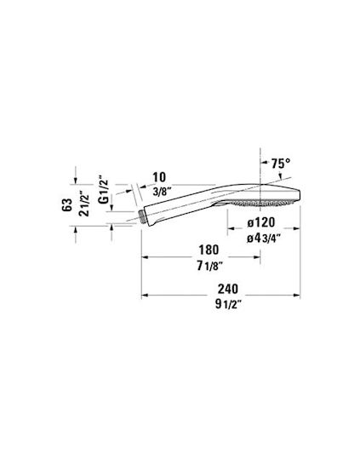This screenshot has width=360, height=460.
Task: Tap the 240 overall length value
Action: pos(228,290)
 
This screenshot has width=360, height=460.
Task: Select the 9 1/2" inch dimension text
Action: pos(228,304)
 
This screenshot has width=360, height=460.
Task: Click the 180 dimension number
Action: pos(209,250)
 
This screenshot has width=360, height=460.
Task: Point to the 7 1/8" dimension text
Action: pos(209,266)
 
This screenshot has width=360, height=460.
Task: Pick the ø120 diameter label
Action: pos(261,222)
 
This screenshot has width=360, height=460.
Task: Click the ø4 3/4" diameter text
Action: pos(261,239)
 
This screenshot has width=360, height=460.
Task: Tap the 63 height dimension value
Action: pos(67,205)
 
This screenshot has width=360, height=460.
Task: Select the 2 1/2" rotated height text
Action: pos(84,204)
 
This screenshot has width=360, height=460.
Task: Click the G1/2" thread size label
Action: pos(103,190)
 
